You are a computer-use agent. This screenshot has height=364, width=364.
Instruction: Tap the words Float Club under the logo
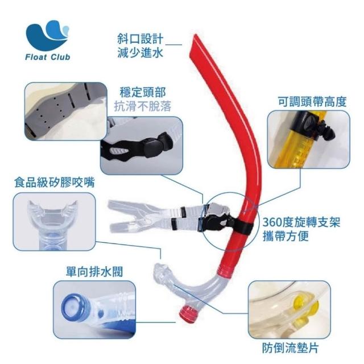point(48,57)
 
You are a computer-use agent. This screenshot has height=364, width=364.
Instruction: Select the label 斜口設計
point(140,39)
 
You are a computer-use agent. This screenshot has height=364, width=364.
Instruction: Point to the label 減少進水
point(140,52)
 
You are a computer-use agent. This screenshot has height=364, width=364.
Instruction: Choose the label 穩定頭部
point(143,92)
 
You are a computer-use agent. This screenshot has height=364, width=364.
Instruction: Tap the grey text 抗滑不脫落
point(143,106)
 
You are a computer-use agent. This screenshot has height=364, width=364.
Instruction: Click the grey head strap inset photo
point(66,111)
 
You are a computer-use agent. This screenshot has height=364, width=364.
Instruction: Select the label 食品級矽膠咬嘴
point(55,182)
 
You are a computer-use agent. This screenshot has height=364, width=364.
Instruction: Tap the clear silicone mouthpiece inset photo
point(54,222)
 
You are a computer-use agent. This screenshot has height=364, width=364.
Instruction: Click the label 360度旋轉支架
point(301,222)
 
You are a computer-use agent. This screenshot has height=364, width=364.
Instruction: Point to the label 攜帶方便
point(286,236)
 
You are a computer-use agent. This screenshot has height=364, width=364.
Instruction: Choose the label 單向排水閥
point(94,271)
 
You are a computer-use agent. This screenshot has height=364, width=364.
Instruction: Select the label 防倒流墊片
point(291,348)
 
